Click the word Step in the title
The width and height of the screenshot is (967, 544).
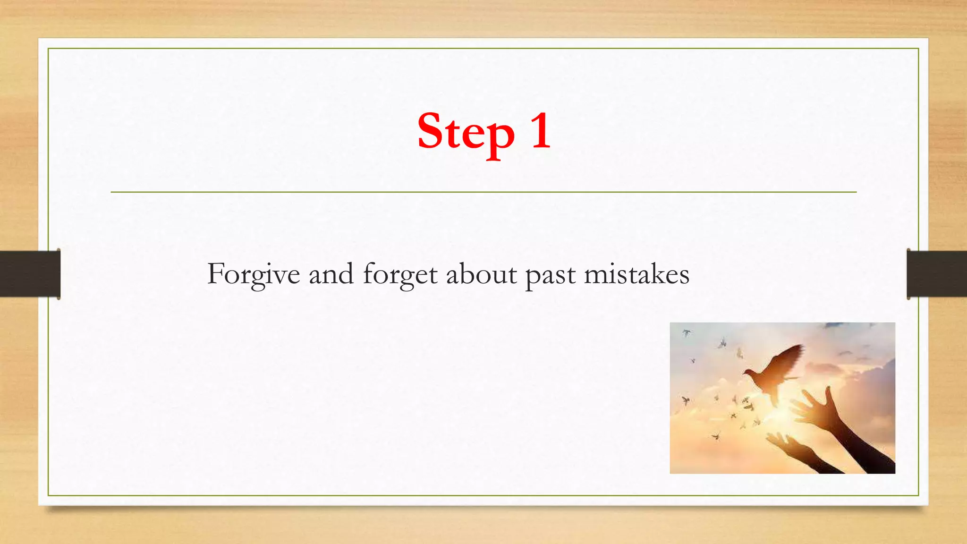point(465,132)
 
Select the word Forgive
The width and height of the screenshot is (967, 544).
point(254,274)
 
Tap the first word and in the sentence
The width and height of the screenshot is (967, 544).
point(331,274)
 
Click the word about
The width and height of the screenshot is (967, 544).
point(481,274)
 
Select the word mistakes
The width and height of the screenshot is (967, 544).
point(636,274)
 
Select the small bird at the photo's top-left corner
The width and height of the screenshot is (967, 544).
point(686,333)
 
